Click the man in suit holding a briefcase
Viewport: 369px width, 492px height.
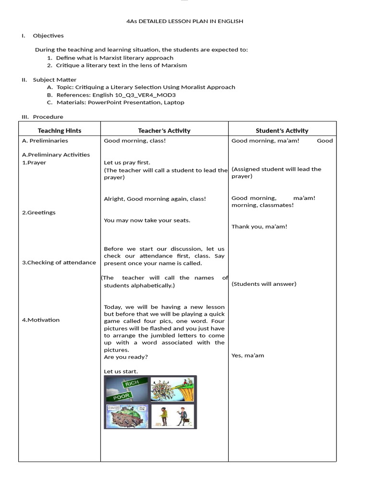pos(183,416)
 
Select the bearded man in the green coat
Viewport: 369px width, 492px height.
pos(163,416)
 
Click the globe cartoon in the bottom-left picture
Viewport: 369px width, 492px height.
pos(126,417)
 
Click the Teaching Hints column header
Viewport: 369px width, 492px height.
pos(60,131)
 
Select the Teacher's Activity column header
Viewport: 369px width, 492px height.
pos(164,131)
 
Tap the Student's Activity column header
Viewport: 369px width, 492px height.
pos(282,131)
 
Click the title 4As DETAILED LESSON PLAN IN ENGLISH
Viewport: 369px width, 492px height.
pos(184,21)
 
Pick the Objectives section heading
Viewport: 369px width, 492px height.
pos(48,36)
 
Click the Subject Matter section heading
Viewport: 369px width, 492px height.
pos(54,80)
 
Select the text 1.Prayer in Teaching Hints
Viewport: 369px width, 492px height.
pos(34,162)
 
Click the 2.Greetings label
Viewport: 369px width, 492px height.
pos(39,212)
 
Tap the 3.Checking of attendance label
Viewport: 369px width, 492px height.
pos(59,262)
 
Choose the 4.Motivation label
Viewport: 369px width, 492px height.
pos(41,320)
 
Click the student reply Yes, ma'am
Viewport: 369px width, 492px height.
pos(247,356)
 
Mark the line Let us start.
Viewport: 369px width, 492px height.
pos(121,371)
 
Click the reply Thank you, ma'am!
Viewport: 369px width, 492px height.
pos(259,227)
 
